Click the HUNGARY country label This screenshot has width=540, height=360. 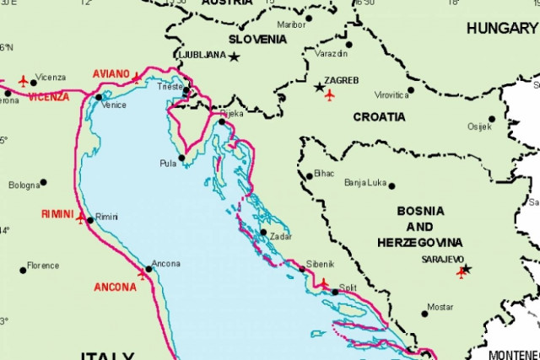click(501, 28)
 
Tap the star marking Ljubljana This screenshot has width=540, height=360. click(234, 56)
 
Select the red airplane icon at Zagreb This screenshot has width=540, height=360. click(329, 95)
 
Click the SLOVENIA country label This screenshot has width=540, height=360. click(258, 39)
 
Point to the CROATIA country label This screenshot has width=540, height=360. click(379, 117)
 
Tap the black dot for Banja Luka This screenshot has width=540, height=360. click(391, 185)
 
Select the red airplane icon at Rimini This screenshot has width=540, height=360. click(81, 218)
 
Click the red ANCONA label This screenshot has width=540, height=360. click(115, 287)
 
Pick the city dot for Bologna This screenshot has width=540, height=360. click(43, 182)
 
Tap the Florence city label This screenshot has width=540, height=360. click(43, 266)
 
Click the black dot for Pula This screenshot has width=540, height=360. click(181, 158)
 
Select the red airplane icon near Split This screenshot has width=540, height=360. click(323, 283)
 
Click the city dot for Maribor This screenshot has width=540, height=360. click(309, 18)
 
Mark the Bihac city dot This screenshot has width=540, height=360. click(310, 175)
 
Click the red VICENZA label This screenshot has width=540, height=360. click(49, 97)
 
